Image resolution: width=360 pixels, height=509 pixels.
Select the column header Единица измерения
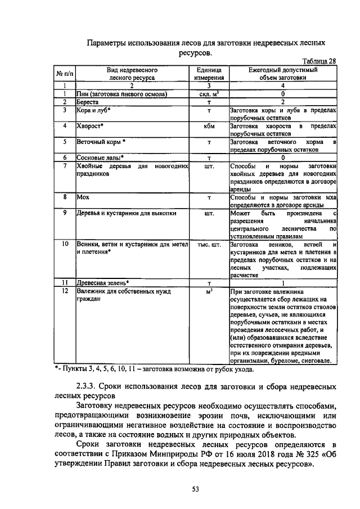pyautogui.click(x=209, y=74)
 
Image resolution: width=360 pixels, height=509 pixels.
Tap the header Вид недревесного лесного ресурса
pyautogui.click(x=132, y=74)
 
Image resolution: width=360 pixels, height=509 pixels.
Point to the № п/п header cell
pyautogui.click(x=65, y=74)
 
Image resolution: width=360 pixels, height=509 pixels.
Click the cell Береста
pyautogui.click(x=88, y=102)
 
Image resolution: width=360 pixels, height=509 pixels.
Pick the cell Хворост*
pyautogui.click(x=90, y=126)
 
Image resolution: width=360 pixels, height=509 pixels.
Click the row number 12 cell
pyautogui.click(x=65, y=291)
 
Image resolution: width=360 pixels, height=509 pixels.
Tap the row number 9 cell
pyautogui.click(x=65, y=213)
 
